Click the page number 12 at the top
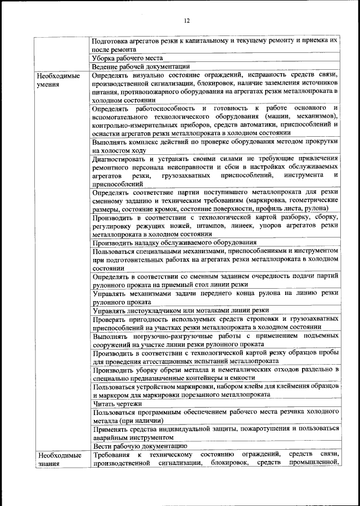[187, 21]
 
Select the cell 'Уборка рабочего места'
[127, 58]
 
